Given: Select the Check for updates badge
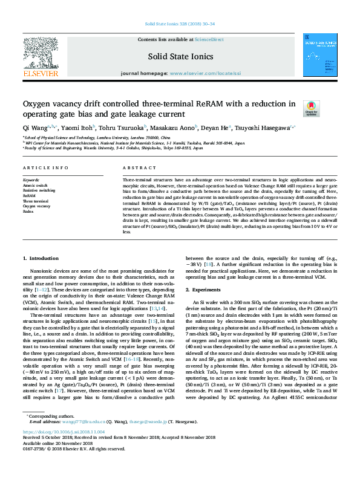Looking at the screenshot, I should (311, 108).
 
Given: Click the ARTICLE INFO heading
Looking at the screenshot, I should (45, 167).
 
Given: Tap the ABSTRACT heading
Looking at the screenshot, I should (135, 167).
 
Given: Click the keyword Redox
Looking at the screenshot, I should (29, 212).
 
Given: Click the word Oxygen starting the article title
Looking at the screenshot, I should (41, 103).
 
